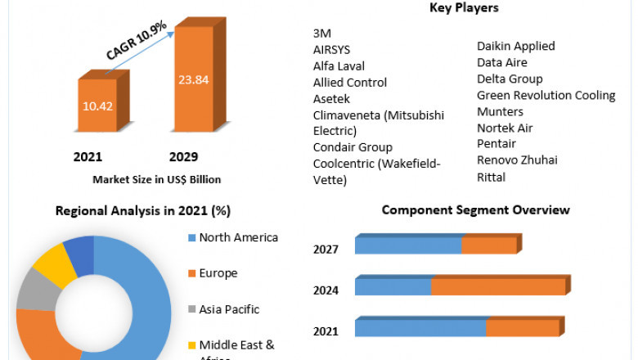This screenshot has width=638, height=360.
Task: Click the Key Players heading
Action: (x=464, y=8)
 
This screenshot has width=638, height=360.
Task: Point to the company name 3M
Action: (x=321, y=34)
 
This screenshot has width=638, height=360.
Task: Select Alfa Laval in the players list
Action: (x=339, y=66)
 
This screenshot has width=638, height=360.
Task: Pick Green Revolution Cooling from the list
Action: (x=546, y=96)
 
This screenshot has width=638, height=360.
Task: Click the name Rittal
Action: (x=491, y=178)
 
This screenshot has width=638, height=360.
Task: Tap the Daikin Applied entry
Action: (x=515, y=47)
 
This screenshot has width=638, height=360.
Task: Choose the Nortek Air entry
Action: (x=505, y=128)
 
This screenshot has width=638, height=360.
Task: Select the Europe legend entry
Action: (x=218, y=273)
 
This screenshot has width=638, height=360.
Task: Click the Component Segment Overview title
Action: (x=475, y=210)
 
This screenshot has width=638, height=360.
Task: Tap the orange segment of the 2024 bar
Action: (x=497, y=287)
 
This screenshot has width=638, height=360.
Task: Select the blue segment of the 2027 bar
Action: (x=407, y=245)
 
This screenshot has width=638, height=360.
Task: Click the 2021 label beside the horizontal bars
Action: (x=326, y=331)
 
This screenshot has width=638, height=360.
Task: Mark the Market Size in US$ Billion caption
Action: (x=157, y=179)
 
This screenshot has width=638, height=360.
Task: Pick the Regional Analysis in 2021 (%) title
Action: (x=142, y=210)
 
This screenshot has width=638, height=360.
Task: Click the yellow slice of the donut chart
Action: (x=54, y=259)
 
